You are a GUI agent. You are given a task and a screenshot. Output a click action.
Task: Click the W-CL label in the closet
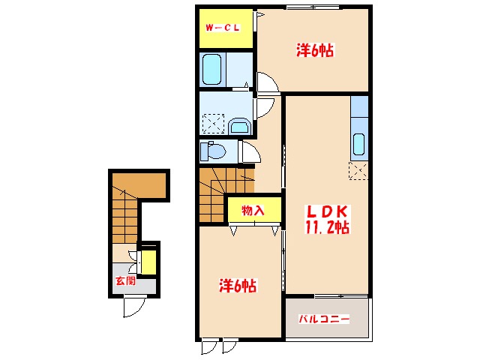point(223,28)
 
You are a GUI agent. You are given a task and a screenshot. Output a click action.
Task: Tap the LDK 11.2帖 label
point(327,219)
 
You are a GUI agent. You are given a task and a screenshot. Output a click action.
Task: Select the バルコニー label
point(324,319)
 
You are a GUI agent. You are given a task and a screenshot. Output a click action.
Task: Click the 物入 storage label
point(253,210)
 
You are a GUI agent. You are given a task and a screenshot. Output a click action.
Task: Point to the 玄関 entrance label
point(125,280)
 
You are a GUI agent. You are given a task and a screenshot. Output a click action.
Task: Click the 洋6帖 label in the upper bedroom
point(315,50)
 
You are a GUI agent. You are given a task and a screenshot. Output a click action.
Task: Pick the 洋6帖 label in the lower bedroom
point(238,285)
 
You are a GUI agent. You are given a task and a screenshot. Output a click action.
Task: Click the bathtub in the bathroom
point(211,69)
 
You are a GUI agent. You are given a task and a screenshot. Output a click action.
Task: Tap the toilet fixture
point(213,151)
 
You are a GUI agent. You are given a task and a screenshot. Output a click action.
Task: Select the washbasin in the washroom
point(239,126)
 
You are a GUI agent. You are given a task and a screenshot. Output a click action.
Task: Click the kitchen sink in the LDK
point(358,144)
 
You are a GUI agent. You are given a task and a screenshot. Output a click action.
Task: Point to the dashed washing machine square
point(213,124)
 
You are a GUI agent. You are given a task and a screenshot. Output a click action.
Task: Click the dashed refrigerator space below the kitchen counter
point(358,170)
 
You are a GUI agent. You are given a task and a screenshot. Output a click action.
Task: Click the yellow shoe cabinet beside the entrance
point(148,262)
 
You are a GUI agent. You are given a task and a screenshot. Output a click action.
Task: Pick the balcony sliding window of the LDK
point(341,296)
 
